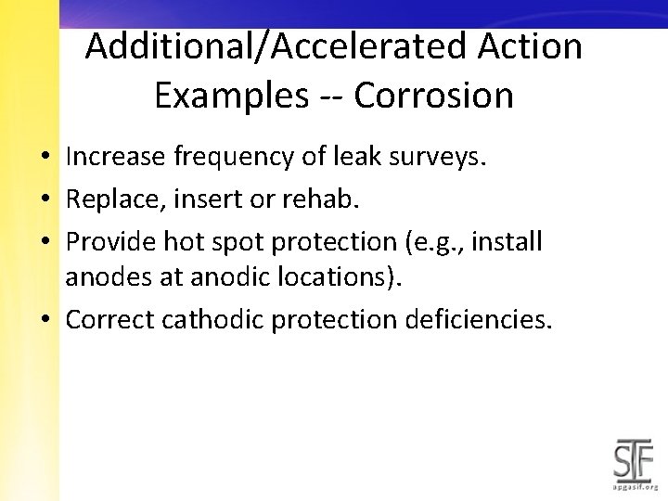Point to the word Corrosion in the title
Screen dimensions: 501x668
pos(433,96)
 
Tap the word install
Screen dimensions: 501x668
pos(509,241)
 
